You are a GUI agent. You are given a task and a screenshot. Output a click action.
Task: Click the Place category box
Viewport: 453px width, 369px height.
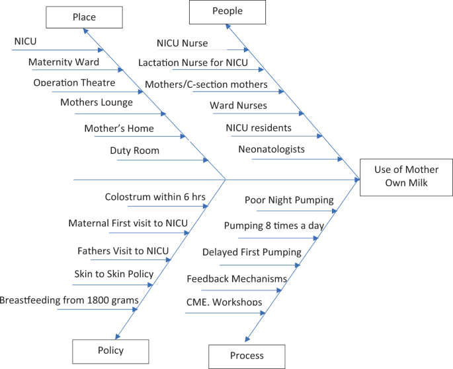pyautogui.click(x=83, y=17)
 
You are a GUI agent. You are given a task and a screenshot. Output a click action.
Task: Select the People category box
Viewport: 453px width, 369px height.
pyautogui.click(x=227, y=11)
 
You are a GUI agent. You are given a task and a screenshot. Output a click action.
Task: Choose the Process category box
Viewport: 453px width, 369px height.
pyautogui.click(x=247, y=356)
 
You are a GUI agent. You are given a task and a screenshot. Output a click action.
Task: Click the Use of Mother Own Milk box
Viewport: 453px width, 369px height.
pyautogui.click(x=405, y=177)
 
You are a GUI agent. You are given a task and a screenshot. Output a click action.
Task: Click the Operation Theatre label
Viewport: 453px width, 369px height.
pyautogui.click(x=74, y=83)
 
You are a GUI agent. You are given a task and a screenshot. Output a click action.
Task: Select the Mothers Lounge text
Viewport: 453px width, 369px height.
pyautogui.click(x=97, y=102)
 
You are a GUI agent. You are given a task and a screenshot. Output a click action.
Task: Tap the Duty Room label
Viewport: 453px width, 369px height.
pyautogui.click(x=134, y=151)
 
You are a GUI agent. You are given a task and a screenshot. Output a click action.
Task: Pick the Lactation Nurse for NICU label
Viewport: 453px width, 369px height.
pyautogui.click(x=193, y=63)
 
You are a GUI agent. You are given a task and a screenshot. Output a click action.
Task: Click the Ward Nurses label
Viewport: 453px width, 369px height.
pyautogui.click(x=238, y=106)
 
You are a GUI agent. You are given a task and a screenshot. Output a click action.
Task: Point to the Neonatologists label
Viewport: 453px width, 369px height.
pyautogui.click(x=271, y=149)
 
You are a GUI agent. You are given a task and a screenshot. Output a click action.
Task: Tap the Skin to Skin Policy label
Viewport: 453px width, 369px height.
pyautogui.click(x=114, y=274)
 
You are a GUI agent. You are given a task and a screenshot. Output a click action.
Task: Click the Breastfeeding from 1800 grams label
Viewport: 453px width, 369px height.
pyautogui.click(x=69, y=300)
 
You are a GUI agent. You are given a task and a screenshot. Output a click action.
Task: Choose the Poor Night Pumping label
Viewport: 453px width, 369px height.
pyautogui.click(x=289, y=200)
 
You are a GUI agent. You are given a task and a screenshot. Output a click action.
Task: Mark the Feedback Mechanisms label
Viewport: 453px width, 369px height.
pyautogui.click(x=237, y=279)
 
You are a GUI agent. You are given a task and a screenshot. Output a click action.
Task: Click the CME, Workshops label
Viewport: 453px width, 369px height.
pyautogui.click(x=224, y=302)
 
